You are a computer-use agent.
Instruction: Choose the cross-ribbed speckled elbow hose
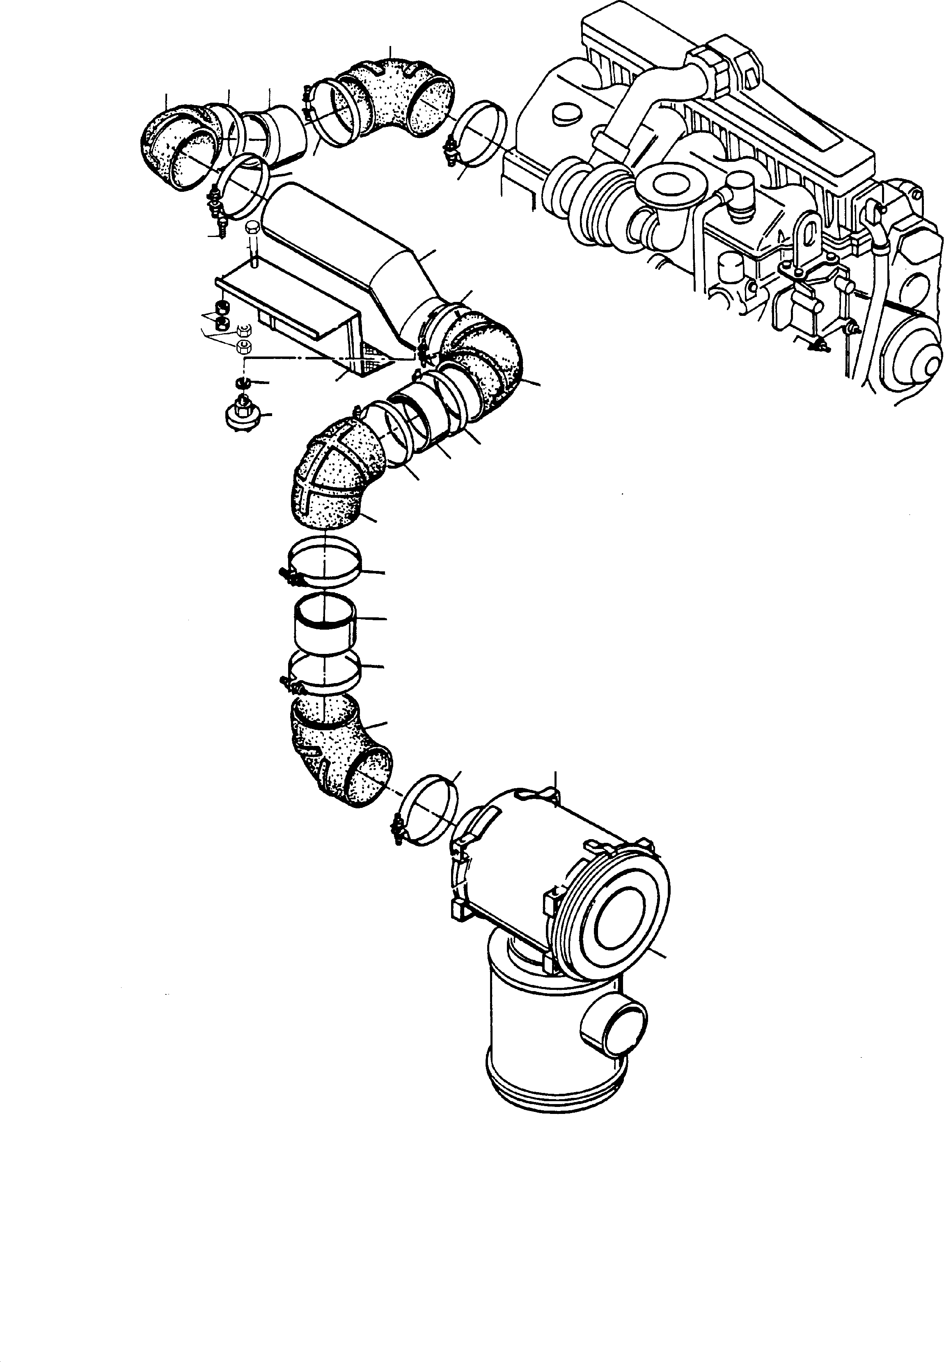331,467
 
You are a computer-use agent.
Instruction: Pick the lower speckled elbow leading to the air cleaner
337,752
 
